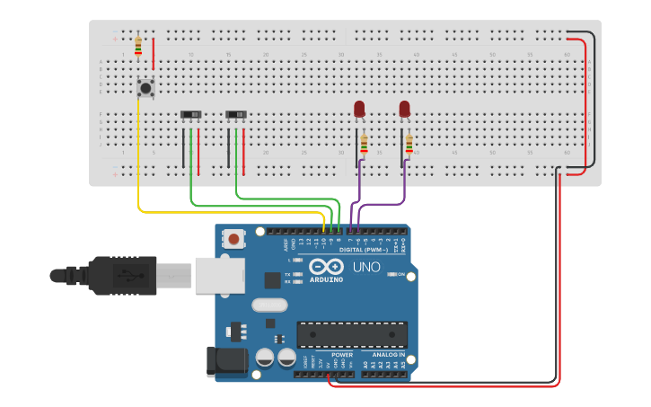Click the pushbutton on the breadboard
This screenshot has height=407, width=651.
click(145, 88)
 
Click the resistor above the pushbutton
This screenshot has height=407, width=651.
click(137, 46)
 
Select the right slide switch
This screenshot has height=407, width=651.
click(236, 115)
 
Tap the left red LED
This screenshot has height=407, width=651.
click(359, 109)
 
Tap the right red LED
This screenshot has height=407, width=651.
click(404, 109)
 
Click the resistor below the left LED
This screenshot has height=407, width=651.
click(364, 145)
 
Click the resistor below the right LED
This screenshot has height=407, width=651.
click(409, 144)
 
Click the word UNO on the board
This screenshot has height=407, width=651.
click(366, 267)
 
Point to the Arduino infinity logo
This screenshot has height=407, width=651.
click(327, 266)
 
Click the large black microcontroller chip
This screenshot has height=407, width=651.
click(352, 334)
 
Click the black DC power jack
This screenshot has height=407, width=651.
click(226, 361)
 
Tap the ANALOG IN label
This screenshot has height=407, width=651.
click(390, 354)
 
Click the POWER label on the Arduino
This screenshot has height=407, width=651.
click(341, 354)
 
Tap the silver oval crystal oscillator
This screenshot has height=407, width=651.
click(269, 305)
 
